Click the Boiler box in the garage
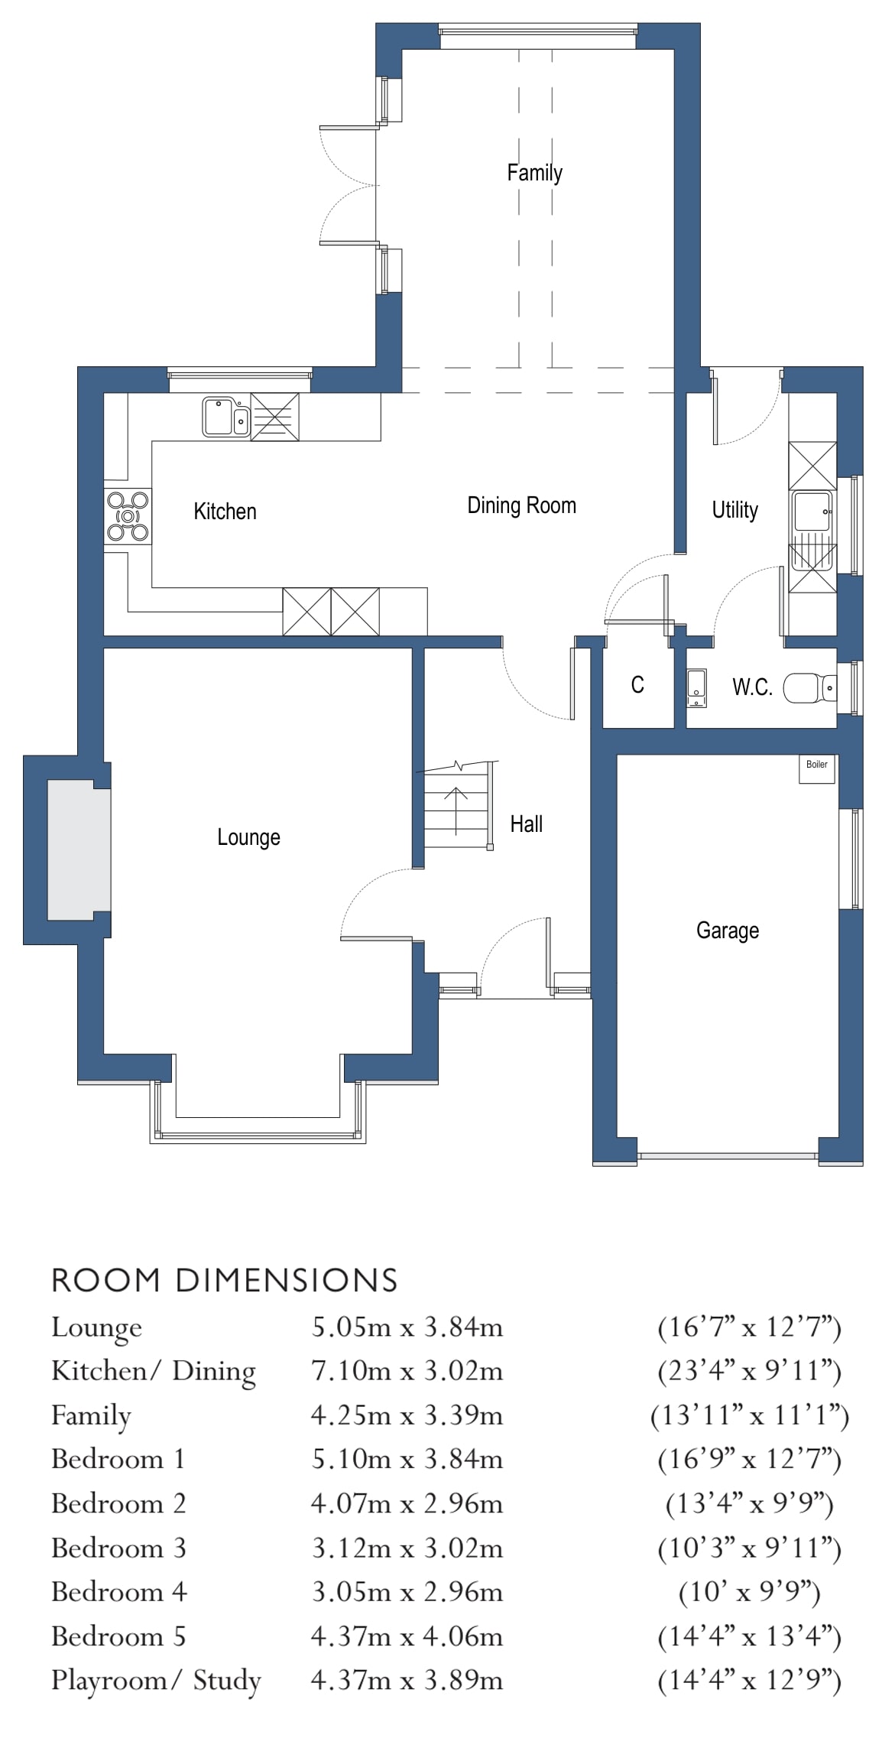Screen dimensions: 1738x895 coord(816,768)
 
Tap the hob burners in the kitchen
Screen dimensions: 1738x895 coord(128,516)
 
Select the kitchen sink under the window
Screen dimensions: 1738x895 coord(225,417)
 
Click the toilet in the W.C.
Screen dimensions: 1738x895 coord(810,688)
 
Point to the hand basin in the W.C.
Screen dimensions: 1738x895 coord(696,688)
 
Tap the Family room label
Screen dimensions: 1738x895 coord(534,173)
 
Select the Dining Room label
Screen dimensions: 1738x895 coord(521,505)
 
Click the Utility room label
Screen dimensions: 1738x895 coord(734,510)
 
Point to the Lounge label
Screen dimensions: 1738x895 coord(248,837)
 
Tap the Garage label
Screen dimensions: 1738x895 coord(727,931)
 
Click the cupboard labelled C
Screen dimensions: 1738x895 coord(637,684)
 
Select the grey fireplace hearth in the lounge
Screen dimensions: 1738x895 coord(79,850)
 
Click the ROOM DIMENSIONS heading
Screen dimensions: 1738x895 coord(224,1281)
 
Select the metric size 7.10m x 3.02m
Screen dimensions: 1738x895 coord(407,1371)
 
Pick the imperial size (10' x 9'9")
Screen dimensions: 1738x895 coord(749,1592)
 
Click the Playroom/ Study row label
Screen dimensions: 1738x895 coord(156,1680)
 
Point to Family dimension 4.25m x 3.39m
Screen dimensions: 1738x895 coord(407,1415)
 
